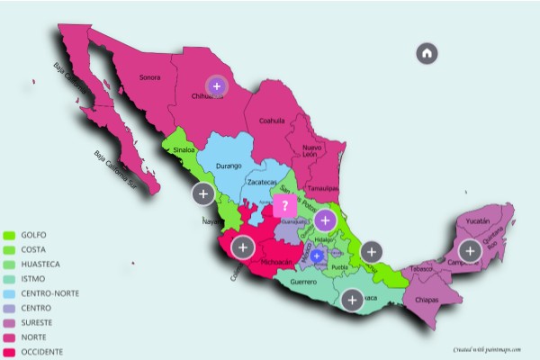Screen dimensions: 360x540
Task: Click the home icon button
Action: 427,53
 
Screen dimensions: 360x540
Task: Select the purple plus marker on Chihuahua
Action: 216,86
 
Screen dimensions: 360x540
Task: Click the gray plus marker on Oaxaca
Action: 353,300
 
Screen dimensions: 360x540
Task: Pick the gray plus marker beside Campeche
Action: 470,251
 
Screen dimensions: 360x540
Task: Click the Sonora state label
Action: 149,77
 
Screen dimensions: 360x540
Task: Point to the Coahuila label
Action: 271,120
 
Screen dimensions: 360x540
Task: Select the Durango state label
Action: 230,166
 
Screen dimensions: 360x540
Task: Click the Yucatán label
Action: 477,220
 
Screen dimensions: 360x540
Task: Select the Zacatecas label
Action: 263,182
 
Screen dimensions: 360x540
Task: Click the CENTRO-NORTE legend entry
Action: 41,293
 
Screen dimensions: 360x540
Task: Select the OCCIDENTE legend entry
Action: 37,352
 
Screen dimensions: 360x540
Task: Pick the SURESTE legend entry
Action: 33,322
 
